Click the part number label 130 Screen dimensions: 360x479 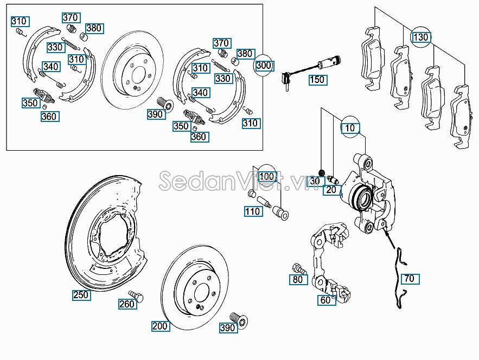[420, 37]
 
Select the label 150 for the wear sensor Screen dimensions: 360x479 [316, 80]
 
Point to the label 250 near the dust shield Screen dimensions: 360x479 [81, 295]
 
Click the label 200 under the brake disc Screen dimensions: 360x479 [160, 326]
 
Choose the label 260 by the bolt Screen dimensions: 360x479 [126, 304]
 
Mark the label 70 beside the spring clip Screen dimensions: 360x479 [409, 279]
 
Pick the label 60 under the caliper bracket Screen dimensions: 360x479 [325, 300]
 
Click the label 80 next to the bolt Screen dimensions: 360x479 [297, 280]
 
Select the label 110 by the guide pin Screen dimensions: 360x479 [252, 211]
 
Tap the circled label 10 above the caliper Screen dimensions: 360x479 [350, 128]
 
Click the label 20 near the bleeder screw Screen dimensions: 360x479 [331, 190]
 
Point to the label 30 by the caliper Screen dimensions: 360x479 [314, 182]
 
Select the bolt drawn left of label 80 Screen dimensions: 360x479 [299, 268]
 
